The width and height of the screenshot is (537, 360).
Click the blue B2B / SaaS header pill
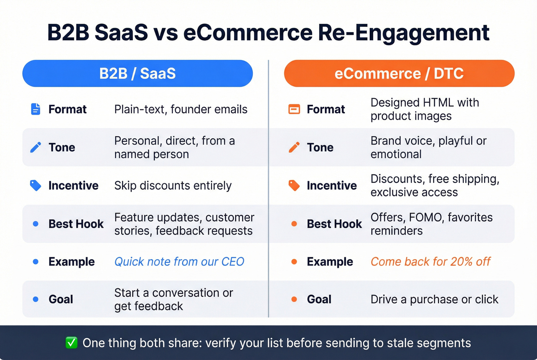(x=137, y=73)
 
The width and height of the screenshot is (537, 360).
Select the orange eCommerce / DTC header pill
(x=399, y=73)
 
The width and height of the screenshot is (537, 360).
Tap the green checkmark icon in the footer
(x=71, y=342)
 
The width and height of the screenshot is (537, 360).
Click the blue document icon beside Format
(x=35, y=109)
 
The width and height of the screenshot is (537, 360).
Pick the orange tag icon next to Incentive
(x=294, y=186)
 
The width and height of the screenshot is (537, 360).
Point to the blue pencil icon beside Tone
(x=35, y=147)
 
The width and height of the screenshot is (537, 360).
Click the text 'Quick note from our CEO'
(x=179, y=261)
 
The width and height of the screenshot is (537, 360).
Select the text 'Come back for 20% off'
(x=430, y=261)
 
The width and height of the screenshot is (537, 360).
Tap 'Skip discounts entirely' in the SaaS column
(x=173, y=186)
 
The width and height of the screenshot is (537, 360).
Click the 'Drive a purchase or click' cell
(x=434, y=299)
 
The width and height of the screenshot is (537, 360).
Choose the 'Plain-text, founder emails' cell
(x=181, y=109)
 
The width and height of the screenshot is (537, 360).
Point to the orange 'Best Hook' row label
(x=334, y=224)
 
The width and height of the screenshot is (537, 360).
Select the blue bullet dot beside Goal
(x=36, y=299)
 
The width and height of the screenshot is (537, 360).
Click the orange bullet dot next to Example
(x=294, y=262)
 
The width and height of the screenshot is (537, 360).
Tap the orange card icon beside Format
(x=294, y=109)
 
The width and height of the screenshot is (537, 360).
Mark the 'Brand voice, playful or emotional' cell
(x=428, y=147)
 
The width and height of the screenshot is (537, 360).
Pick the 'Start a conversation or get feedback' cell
(x=173, y=299)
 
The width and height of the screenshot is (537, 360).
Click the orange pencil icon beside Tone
(x=294, y=147)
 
